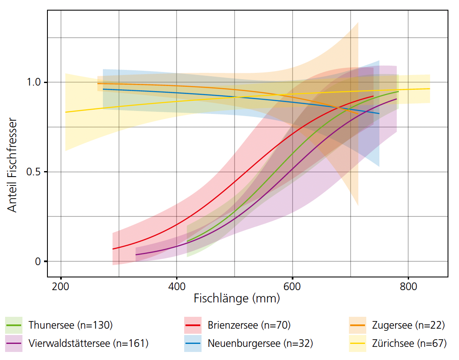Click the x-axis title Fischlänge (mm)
(x=237, y=298)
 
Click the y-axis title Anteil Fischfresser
(x=13, y=166)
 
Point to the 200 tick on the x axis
(x=61, y=285)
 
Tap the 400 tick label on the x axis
(x=177, y=285)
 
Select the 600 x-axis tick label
(x=293, y=285)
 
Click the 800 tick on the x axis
(x=408, y=285)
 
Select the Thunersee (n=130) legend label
(x=71, y=325)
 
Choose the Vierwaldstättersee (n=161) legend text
(x=88, y=343)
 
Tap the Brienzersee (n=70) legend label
(x=249, y=325)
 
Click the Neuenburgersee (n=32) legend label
(x=260, y=343)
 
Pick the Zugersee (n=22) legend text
(x=408, y=325)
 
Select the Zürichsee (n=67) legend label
(x=409, y=343)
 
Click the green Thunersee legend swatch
(x=14, y=325)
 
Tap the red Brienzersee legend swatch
(x=193, y=325)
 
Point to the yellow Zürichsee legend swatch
(x=357, y=343)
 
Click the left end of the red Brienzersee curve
(x=113, y=249)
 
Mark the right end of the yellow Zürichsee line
(x=430, y=89)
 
